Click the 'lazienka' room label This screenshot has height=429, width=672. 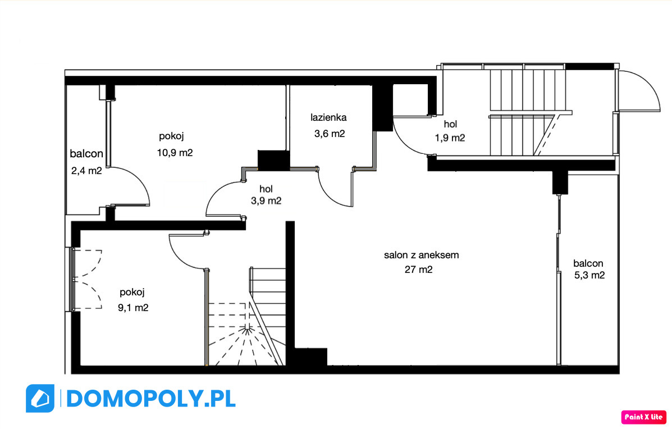click(x=328, y=117)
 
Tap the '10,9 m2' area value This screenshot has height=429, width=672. click(x=175, y=153)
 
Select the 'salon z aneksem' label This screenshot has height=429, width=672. click(x=421, y=255)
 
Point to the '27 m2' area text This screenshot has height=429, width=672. click(x=419, y=270)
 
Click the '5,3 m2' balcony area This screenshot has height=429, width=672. click(x=589, y=275)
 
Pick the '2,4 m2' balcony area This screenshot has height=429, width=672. click(x=86, y=171)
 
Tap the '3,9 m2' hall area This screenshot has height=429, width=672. click(x=266, y=200)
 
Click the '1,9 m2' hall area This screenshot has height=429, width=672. click(x=450, y=138)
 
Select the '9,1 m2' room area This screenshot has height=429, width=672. click(x=133, y=308)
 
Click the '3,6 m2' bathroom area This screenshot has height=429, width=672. click(x=330, y=134)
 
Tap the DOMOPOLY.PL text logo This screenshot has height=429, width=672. click(x=151, y=399)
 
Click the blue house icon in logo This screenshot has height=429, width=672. click(x=40, y=399)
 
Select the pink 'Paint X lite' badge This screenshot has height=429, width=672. click(x=644, y=417)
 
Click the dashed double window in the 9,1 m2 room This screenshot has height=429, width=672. click(x=86, y=279)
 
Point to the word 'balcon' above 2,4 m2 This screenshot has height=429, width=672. click(x=86, y=153)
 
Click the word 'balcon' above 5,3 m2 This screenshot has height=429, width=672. click(x=588, y=263)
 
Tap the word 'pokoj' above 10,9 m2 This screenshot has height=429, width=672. click(x=171, y=136)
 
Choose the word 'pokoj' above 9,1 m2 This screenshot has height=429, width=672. click(x=132, y=293)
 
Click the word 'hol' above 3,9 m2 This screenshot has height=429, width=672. click(x=266, y=189)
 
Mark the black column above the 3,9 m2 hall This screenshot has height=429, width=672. click(x=273, y=160)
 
